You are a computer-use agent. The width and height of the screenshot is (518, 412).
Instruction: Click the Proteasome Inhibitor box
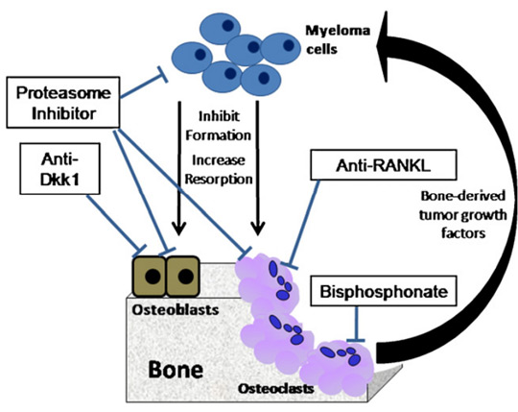click(62, 102)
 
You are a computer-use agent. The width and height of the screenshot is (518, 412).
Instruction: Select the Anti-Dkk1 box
click(59, 169)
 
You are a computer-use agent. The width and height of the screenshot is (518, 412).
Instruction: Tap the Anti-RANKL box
click(384, 164)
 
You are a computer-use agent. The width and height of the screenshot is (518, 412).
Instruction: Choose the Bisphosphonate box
click(384, 291)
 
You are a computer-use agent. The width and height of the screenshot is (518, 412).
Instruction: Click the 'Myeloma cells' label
click(338, 39)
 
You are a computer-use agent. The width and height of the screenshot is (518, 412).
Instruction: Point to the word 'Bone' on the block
click(176, 369)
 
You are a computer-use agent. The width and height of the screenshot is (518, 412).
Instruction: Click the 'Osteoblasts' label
click(176, 310)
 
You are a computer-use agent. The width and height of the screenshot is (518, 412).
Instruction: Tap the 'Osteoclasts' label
click(276, 389)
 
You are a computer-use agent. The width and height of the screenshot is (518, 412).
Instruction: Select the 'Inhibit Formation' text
click(218, 126)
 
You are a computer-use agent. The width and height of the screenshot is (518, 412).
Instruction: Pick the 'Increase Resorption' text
click(219, 170)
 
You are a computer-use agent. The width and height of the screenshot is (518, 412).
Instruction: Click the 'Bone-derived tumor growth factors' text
click(462, 214)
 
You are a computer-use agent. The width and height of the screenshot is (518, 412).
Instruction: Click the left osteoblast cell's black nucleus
click(153, 277)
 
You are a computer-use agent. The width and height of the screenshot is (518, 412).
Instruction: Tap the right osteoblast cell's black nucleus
click(186, 277)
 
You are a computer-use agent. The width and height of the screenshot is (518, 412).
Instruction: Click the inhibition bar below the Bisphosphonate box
click(356, 341)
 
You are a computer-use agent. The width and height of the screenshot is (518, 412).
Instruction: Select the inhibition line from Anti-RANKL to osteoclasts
click(303, 223)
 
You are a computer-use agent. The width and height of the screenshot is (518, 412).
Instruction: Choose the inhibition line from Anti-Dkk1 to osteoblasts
click(113, 224)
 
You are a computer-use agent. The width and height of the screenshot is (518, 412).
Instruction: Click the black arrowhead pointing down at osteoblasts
click(178, 229)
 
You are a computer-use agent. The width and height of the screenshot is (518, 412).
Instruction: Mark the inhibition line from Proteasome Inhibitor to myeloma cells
click(143, 85)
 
